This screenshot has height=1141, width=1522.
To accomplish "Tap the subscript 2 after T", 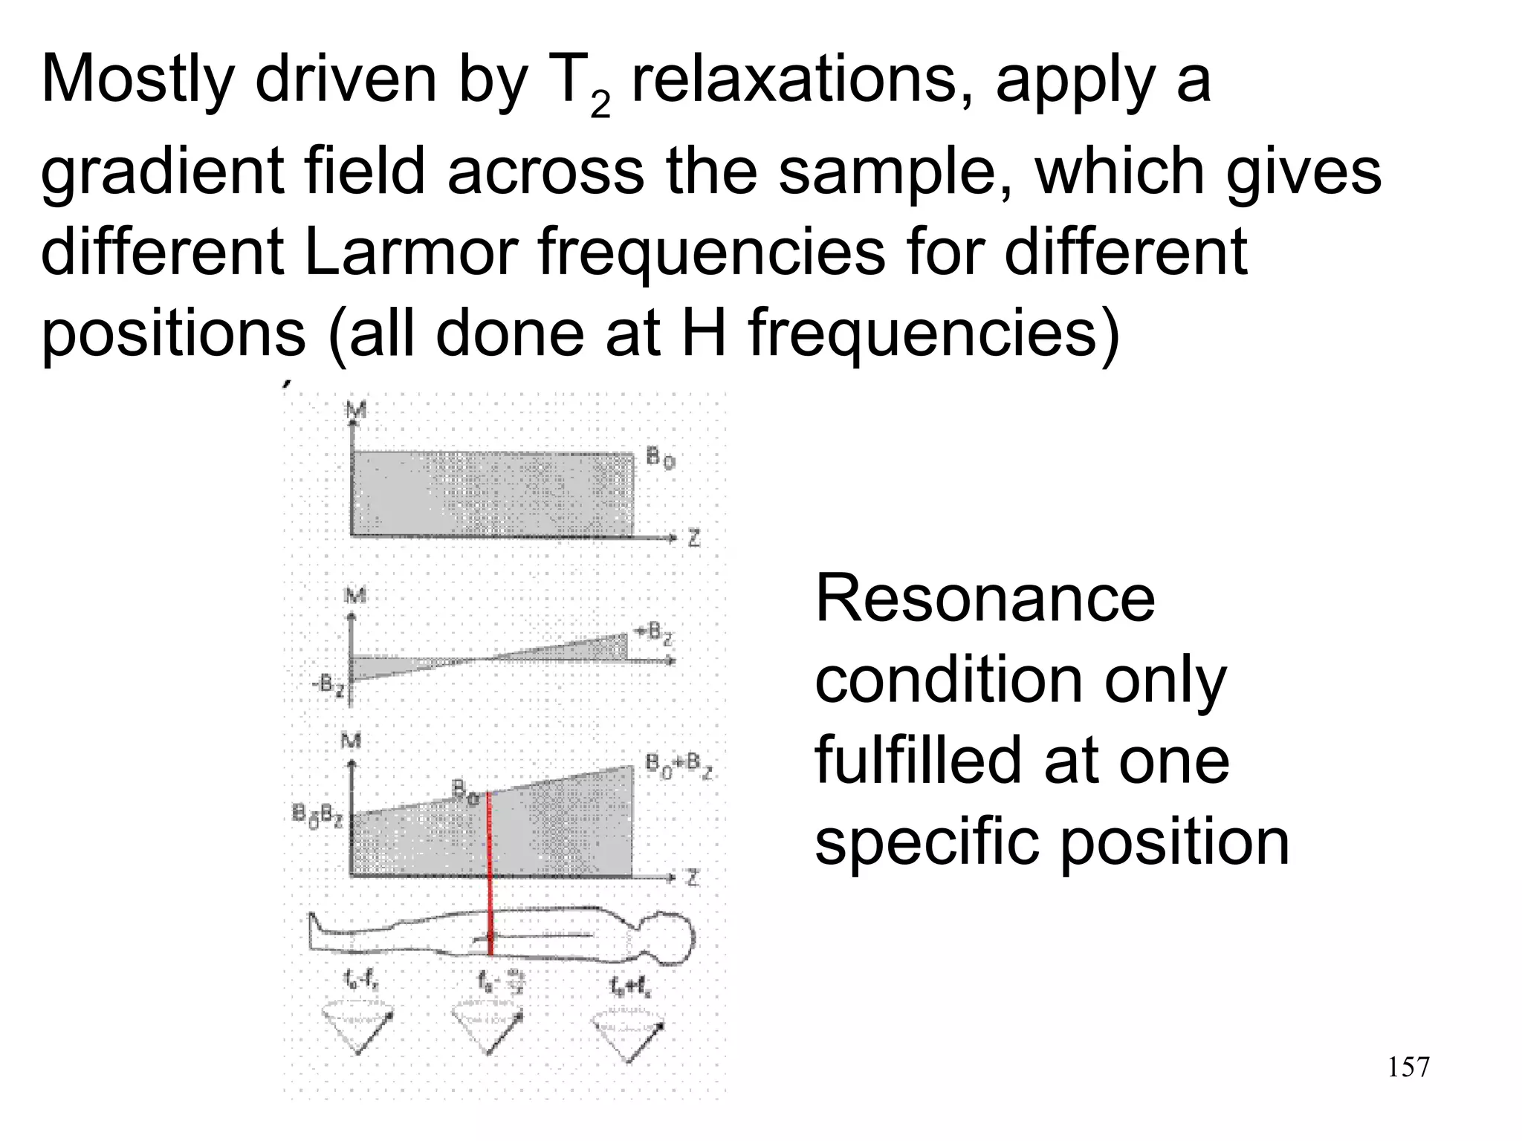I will tap(600, 107).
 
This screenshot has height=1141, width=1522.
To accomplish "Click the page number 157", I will tap(1408, 1067).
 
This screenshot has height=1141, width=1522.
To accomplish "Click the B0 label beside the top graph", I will tap(660, 458).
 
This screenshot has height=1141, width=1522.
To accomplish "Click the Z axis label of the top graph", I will tap(693, 538).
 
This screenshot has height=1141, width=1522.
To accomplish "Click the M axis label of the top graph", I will tap(356, 409).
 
